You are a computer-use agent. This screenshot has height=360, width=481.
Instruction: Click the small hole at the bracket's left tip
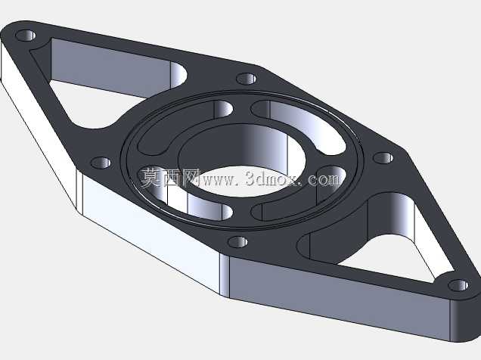[26, 36]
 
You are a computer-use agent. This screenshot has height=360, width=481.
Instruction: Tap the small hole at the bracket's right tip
[458, 285]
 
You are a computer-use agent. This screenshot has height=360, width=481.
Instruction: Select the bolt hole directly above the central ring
[247, 79]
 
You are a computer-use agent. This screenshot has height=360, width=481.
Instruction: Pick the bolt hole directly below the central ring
[238, 242]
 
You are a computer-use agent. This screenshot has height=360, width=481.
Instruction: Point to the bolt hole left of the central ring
[101, 163]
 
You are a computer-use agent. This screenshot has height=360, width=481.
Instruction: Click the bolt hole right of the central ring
[383, 158]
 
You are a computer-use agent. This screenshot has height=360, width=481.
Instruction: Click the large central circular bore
[242, 160]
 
